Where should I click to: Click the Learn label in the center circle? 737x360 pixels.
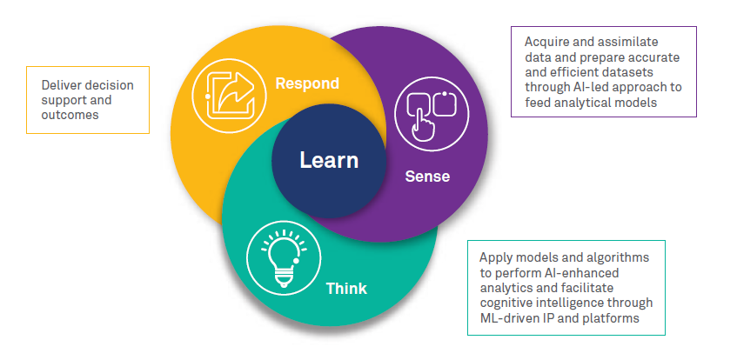click(329, 161)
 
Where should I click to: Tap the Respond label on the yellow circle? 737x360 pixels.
click(306, 83)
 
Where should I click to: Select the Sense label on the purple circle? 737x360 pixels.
click(427, 176)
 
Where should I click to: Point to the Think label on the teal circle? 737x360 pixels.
click(346, 289)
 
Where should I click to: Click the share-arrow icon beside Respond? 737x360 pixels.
click(227, 90)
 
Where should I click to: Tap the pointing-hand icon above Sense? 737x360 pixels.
click(432, 113)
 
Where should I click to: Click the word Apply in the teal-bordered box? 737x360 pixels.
click(495, 257)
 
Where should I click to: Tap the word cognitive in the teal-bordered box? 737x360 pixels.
click(506, 303)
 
